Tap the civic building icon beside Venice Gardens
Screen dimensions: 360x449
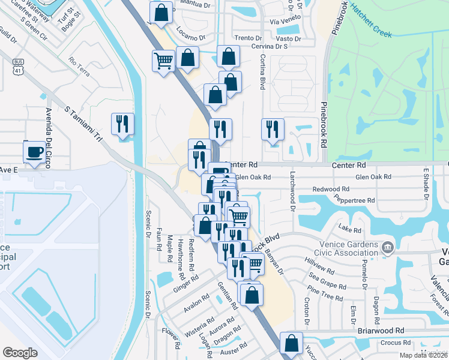[388, 247]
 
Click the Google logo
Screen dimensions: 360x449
[20, 353]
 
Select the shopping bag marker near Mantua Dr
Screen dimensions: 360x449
[161, 12]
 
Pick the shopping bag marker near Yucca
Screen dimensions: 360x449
[291, 344]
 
